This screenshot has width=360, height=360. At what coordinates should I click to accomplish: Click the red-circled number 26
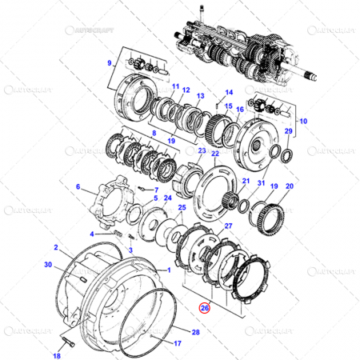click(205, 306)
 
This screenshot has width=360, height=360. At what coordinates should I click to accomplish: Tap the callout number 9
click(110, 62)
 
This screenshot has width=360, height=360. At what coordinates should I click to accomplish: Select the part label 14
click(228, 93)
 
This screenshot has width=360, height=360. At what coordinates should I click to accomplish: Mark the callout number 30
click(47, 264)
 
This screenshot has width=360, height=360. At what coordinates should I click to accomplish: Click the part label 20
click(289, 186)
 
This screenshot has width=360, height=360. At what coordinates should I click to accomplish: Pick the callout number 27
click(229, 227)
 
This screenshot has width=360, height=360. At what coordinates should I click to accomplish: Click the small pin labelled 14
click(217, 102)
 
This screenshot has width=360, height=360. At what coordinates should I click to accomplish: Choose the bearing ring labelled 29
click(285, 153)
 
